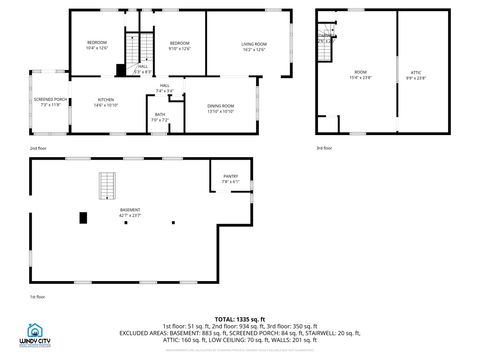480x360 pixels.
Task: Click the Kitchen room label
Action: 106,102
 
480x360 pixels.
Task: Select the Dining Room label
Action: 220,108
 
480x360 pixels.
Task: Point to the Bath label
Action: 160,117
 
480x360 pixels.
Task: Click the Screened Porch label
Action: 50,102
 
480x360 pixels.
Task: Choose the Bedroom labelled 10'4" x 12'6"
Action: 96,45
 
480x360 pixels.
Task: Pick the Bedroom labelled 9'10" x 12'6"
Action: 179,45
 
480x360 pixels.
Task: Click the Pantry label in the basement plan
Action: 230,178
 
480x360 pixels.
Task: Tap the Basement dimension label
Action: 130,213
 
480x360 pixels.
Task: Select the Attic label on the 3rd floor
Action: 416,74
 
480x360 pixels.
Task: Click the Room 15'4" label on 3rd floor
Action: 360,74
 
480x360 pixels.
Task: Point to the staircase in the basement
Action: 106,185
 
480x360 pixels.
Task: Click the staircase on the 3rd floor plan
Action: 324,35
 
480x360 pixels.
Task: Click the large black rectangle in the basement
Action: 83,217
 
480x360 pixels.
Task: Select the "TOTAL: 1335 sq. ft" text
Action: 240,318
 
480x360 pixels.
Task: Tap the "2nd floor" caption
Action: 37,148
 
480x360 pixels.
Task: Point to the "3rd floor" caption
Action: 324,148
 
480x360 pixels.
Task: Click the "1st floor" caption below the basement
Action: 37,297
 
